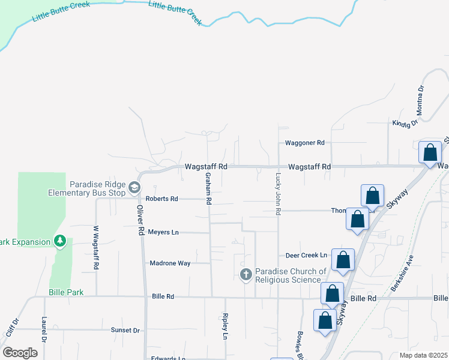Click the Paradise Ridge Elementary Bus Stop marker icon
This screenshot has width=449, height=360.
pyautogui.click(x=135, y=188)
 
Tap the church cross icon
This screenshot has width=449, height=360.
pyautogui.click(x=246, y=275)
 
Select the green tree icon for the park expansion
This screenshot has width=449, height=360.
pyautogui.click(x=59, y=241)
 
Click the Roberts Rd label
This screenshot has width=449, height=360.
pyautogui.click(x=161, y=199)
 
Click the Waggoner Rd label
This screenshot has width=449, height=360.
pyautogui.click(x=304, y=143)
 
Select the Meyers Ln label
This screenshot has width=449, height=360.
pyautogui.click(x=163, y=232)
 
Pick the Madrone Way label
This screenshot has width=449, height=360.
pyautogui.click(x=170, y=263)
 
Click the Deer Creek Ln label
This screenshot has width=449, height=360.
pyautogui.click(x=306, y=255)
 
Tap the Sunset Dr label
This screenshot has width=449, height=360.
pyautogui.click(x=125, y=330)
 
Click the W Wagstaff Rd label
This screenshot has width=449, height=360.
pyautogui.click(x=95, y=247)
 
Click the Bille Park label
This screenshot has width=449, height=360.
pyautogui.click(x=66, y=292)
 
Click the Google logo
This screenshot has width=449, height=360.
pyautogui.click(x=20, y=352)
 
